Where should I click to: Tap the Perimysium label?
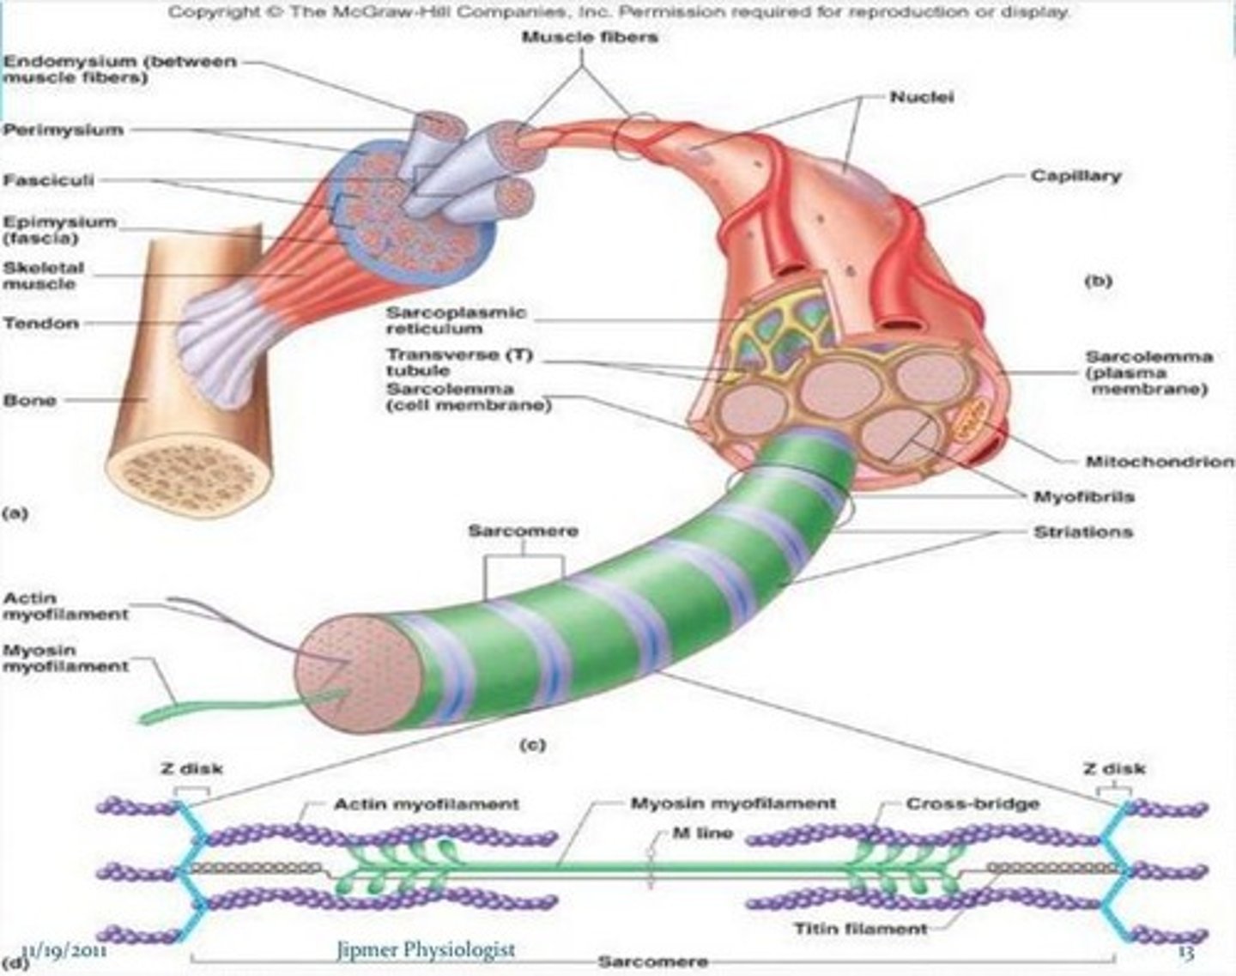[64, 130]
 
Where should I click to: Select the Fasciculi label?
[48, 180]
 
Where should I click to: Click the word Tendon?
[41, 324]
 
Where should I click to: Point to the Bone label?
[30, 400]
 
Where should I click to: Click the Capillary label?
[1076, 176]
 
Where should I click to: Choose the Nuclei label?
[922, 97]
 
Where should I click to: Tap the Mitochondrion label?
[1160, 461]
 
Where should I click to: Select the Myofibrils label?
[1083, 496]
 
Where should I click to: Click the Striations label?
[1083, 532]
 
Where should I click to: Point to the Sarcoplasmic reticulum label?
[456, 320]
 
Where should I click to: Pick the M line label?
[702, 833]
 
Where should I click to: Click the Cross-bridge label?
[972, 804]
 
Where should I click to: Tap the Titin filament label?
[861, 928]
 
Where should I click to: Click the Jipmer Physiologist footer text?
[427, 949]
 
